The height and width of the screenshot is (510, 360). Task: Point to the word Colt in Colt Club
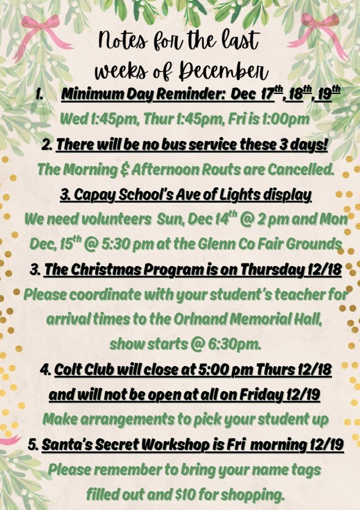[x=66, y=370]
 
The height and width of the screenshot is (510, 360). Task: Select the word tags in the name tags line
[x=301, y=470]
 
